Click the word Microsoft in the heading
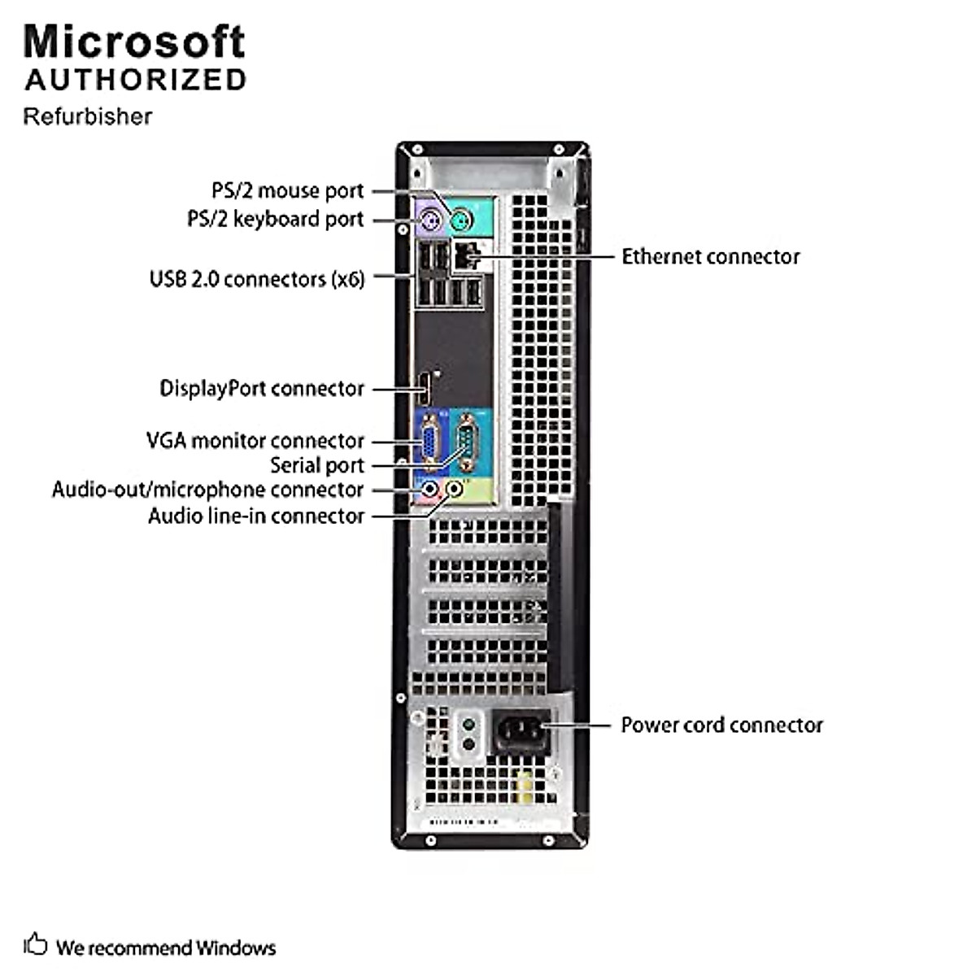coord(134,42)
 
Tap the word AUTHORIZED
coord(135,80)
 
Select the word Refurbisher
coord(87,116)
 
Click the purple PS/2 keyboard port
coord(429,219)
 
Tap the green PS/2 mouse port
coord(460,219)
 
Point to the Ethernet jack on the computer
coord(466,256)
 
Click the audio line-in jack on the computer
coord(455,490)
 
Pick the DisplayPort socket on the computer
coord(425,389)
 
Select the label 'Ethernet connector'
coord(710,257)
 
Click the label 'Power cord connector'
coord(721,725)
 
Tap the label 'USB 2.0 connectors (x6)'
coord(256,279)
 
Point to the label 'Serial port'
coord(316,466)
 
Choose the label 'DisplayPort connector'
coord(261,389)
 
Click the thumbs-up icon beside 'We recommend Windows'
coord(36,944)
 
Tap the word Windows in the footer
coord(235,948)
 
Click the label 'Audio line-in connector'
coord(255,516)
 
